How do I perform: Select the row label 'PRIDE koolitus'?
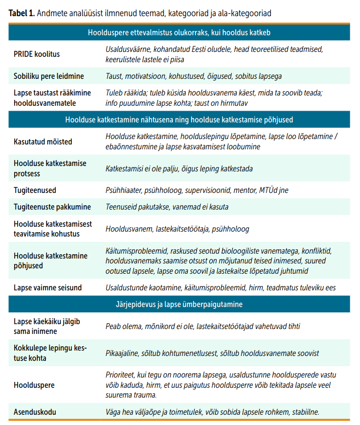click(x=37, y=54)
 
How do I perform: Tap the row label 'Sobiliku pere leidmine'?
click(x=48, y=76)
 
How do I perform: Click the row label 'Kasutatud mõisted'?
click(x=43, y=142)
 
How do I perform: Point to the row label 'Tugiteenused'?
click(x=35, y=189)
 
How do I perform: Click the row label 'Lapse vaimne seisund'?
click(x=47, y=287)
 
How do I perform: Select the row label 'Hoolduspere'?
click(x=34, y=384)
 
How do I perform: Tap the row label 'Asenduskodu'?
click(x=34, y=411)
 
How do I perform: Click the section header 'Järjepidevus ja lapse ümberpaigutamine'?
click(x=179, y=305)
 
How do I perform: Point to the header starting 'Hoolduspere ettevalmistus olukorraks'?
click(x=179, y=32)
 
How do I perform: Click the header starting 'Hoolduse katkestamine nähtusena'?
click(x=179, y=119)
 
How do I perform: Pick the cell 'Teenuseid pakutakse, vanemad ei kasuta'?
click(x=167, y=207)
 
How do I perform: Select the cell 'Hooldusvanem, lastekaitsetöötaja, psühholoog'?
click(x=177, y=229)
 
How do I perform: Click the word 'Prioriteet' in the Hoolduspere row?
click(x=120, y=375)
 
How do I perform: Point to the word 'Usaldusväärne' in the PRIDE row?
click(x=128, y=49)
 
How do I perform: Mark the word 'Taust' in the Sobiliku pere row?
click(x=114, y=76)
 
